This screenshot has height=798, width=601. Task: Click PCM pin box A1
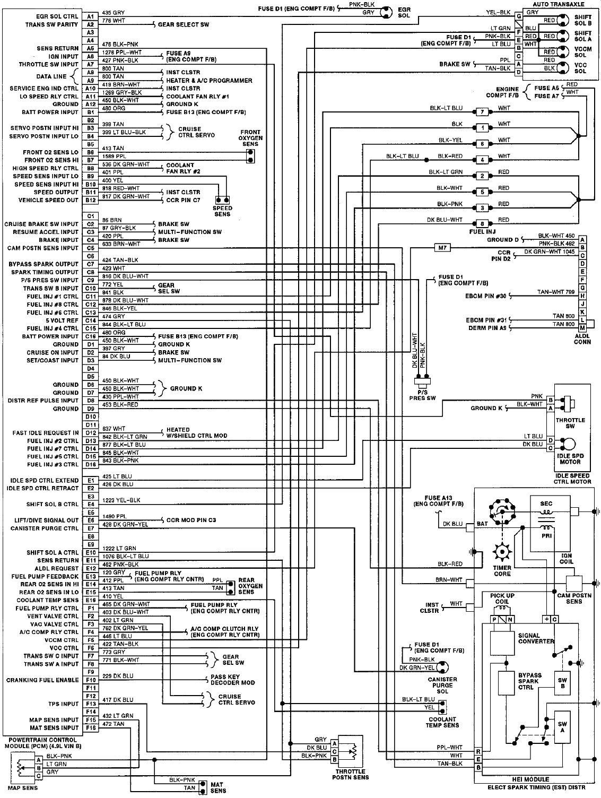[x=90, y=16]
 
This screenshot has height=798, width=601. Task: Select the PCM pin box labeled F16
[x=90, y=728]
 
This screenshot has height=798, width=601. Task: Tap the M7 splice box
[x=442, y=248]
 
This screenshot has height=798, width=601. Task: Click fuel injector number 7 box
[x=482, y=111]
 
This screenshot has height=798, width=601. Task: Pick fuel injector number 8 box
[x=482, y=223]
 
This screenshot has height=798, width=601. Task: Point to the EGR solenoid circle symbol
[x=386, y=12]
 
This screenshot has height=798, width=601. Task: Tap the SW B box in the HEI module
[x=562, y=683]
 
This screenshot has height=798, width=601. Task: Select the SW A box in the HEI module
[x=562, y=727]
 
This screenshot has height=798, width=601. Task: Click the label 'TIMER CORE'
[x=502, y=571]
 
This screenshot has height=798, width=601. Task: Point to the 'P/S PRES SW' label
[x=422, y=395]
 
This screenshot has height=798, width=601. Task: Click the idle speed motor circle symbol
[x=569, y=444]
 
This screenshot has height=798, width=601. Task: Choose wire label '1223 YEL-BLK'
[x=121, y=500]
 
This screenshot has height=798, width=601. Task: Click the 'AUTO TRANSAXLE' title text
[x=559, y=4]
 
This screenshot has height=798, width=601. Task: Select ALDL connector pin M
[x=582, y=328]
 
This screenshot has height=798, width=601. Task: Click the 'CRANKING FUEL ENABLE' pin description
[x=42, y=680]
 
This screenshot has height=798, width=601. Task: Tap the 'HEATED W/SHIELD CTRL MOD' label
[x=197, y=432]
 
